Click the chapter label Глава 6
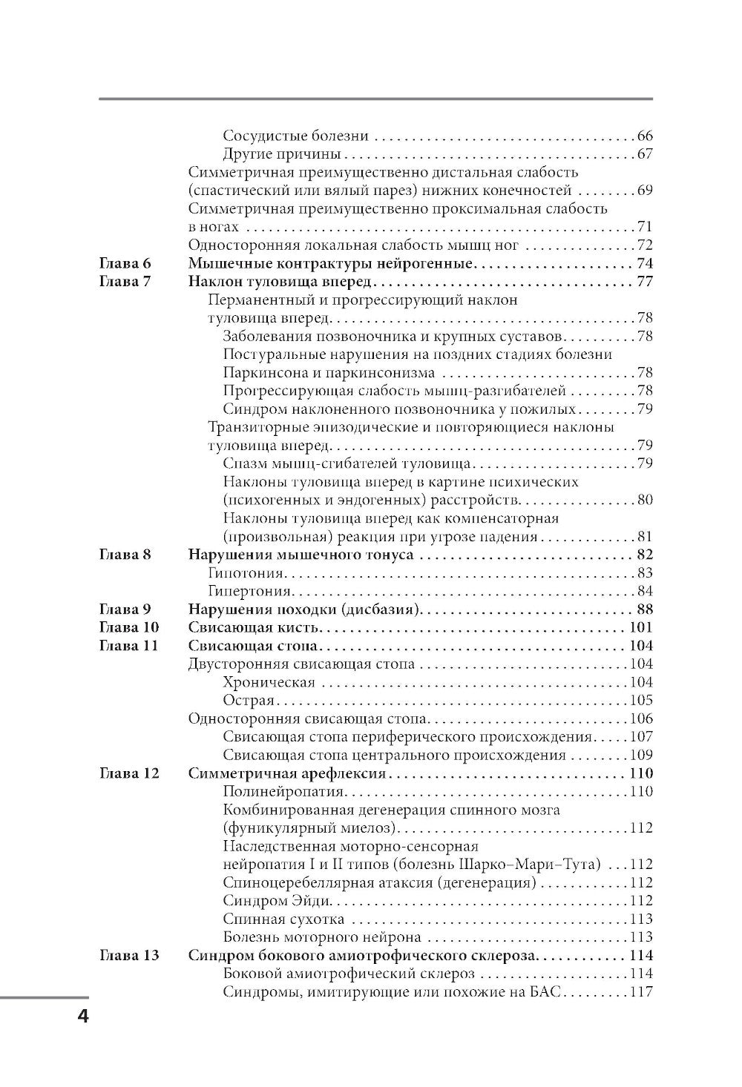(125, 264)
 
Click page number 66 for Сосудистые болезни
(644, 136)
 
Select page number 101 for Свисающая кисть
(640, 628)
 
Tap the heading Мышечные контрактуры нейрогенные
(330, 264)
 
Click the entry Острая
(249, 701)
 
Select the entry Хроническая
(269, 682)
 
